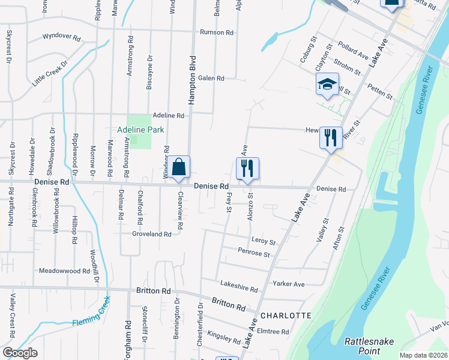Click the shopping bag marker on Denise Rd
179,167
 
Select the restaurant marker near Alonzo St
247,169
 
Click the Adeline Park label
141,129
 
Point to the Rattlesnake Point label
369,346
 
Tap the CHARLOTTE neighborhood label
285,316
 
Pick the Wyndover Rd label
61,37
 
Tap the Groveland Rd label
152,234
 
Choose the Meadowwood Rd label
64,271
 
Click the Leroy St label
263,241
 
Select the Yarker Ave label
288,284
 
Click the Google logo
20,353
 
